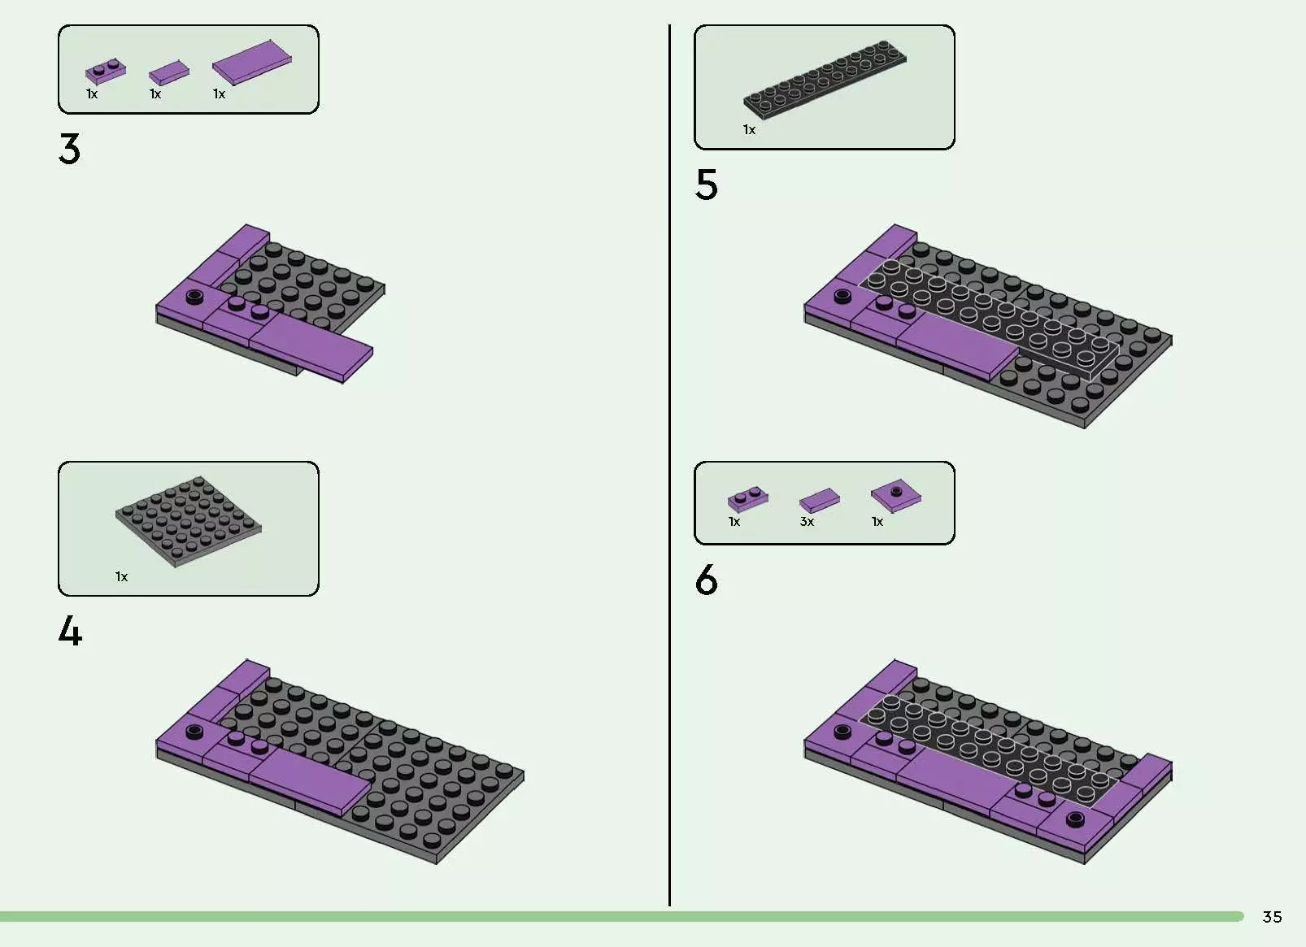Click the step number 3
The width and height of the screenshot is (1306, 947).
pos(69,149)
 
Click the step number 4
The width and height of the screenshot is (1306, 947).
pos(70,631)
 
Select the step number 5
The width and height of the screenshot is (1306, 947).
pos(706,185)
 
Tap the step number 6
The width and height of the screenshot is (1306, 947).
pos(706,580)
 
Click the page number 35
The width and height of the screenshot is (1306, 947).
pos(1272,917)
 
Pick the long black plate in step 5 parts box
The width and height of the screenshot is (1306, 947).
pos(825,80)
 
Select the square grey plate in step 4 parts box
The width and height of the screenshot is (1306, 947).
pos(189,521)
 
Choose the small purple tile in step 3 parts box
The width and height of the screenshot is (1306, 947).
pos(169,72)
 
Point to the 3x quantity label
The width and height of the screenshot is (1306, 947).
pos(807,522)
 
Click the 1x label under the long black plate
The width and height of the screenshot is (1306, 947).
pos(749,130)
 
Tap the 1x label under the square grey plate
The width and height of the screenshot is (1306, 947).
pos(121,577)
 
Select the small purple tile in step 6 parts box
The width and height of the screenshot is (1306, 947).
pos(820,501)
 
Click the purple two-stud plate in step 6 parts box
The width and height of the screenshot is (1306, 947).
pos(748,499)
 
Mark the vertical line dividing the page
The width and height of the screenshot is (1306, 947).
pos(669,465)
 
